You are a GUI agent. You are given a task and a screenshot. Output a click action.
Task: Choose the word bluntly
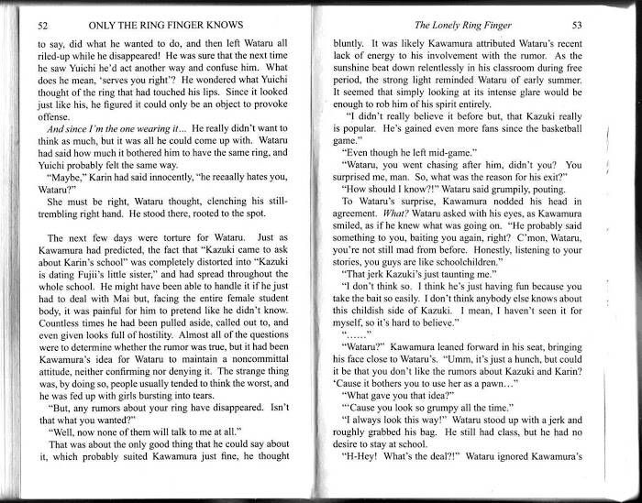coord(352,43)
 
